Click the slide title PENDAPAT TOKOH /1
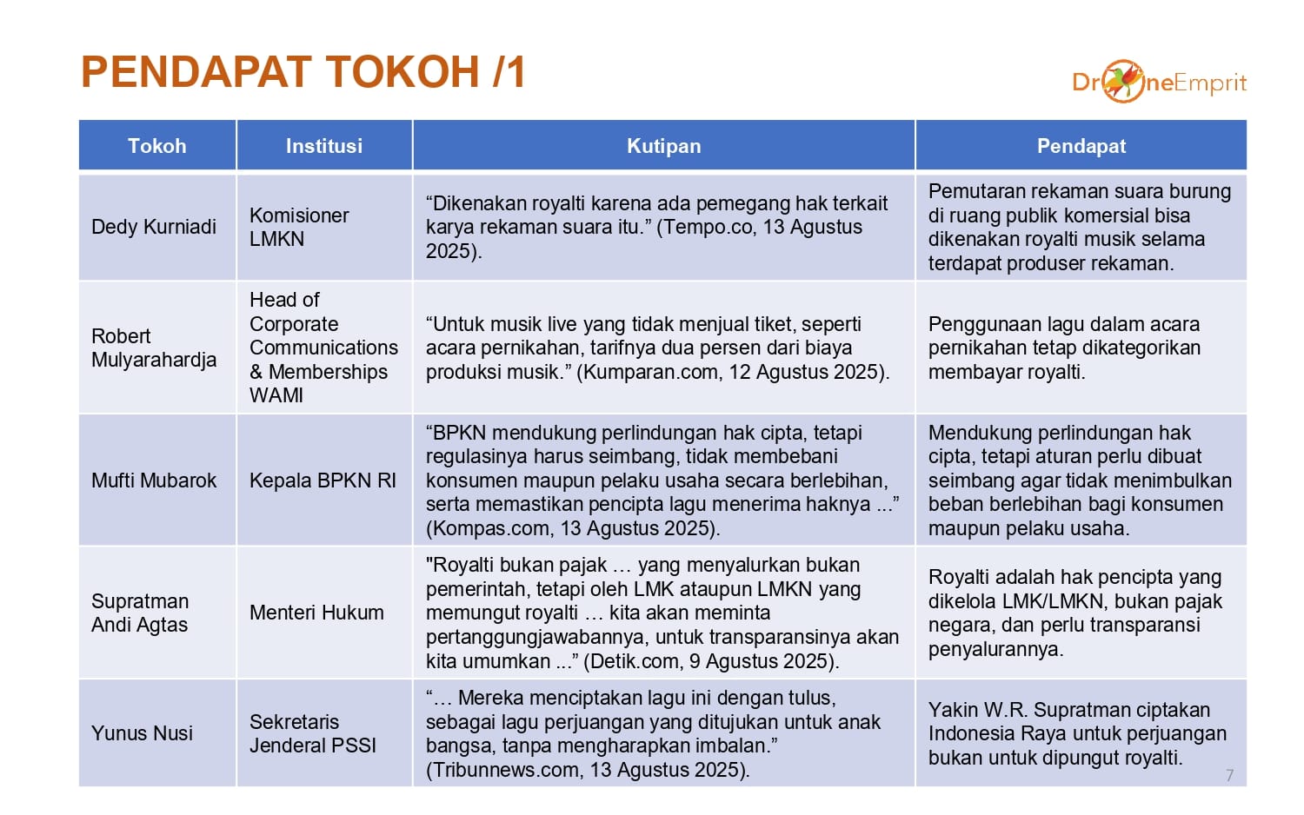click(303, 72)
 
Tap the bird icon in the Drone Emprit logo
click(1124, 81)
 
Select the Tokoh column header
click(157, 145)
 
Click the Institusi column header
click(324, 145)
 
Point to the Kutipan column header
click(663, 145)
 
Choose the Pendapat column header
click(1081, 145)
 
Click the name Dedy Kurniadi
click(154, 227)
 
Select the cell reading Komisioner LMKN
click(299, 227)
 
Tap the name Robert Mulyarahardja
click(154, 348)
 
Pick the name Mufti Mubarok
click(154, 480)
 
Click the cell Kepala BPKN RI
click(323, 480)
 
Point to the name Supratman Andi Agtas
click(140, 613)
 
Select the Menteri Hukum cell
click(316, 613)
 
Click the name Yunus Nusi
click(142, 733)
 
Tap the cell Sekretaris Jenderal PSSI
click(313, 733)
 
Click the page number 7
click(1229, 775)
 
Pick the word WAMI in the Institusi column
click(276, 395)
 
